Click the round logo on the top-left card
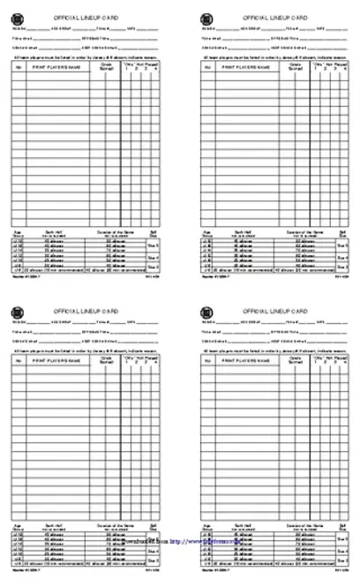17,17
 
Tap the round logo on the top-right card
206,17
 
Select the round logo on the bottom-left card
17,313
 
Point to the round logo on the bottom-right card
206,313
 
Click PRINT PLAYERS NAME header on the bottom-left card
56,363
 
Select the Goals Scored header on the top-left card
108,66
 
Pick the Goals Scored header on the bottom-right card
296,363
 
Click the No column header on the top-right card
208,66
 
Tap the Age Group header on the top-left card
18,230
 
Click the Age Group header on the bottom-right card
206,527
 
